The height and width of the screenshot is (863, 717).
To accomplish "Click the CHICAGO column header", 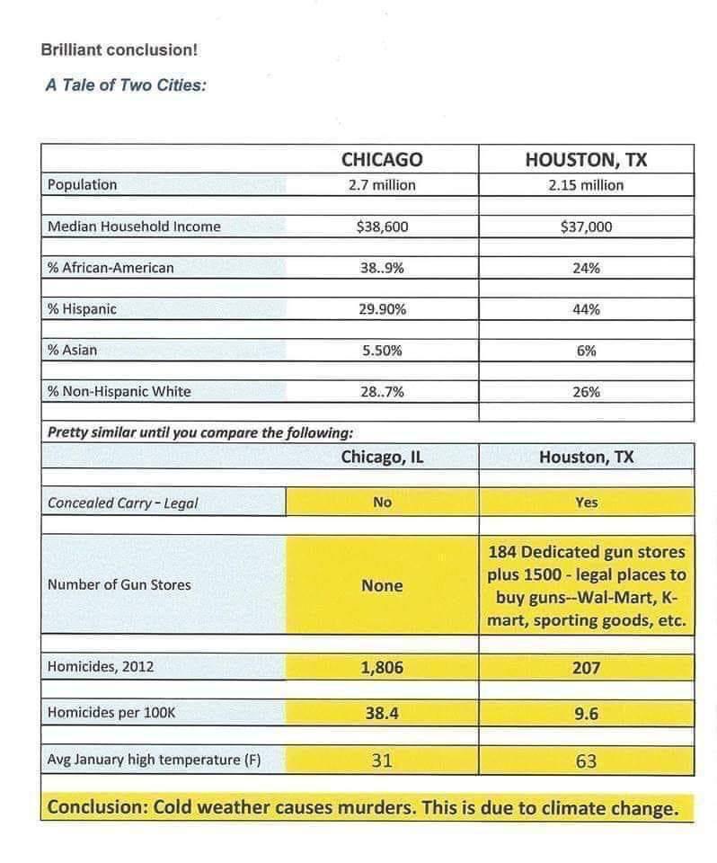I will (382, 160).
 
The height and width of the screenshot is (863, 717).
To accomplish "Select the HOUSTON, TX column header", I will (586, 160).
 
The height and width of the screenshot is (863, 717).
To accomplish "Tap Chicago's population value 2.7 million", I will (382, 185).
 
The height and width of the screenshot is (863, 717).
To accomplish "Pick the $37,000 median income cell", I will (586, 227).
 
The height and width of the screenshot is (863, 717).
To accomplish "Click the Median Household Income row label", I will (134, 227).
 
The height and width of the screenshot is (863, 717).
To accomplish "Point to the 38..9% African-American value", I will (382, 268).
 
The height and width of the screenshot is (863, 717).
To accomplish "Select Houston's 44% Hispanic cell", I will (586, 309).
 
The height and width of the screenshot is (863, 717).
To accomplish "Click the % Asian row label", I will (73, 351).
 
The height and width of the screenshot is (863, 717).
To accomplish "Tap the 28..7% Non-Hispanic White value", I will (382, 392).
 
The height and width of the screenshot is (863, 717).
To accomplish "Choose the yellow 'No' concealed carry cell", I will (382, 503).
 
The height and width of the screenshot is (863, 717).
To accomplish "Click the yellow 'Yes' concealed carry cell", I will (586, 503).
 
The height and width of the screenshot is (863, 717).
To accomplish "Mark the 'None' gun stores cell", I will (382, 585).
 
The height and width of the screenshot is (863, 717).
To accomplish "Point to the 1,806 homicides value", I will (382, 668).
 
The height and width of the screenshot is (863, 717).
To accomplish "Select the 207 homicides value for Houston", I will (586, 668).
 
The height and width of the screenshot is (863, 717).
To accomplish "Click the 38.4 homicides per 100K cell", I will (382, 714).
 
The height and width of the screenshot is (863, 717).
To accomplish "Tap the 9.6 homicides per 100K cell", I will (586, 714).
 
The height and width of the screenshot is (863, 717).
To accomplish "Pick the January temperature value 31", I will (382, 761).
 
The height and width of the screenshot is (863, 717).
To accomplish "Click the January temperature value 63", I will (586, 761).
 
